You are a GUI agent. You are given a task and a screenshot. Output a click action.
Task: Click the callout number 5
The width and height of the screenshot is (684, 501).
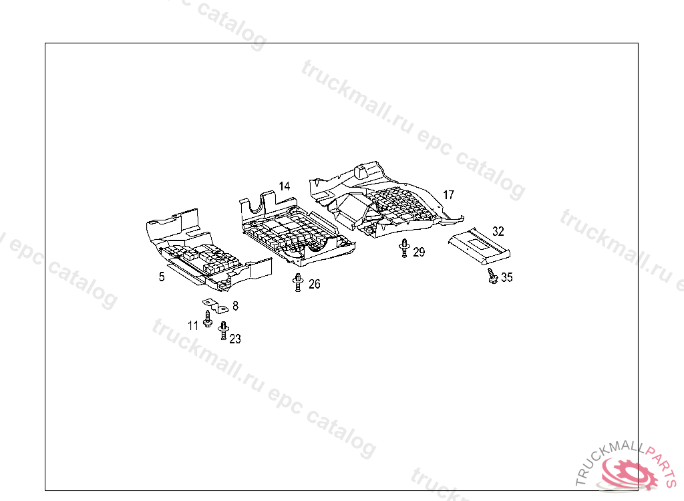pos(162,277)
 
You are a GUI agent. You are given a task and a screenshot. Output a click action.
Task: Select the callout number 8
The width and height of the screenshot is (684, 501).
pos(235,306)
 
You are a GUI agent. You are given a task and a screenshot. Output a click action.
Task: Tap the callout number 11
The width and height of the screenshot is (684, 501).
pos(193,325)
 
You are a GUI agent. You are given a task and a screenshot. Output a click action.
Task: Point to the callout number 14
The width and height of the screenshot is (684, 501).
pos(285,186)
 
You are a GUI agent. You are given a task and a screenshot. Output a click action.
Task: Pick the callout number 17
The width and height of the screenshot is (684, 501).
pos(448,195)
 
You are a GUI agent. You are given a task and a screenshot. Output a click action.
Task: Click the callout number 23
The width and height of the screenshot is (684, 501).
pos(235,339)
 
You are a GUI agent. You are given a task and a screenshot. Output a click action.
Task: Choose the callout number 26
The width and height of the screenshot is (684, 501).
pos(314,285)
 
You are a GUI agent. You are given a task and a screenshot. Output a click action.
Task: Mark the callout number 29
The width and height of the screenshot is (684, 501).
pos(419,252)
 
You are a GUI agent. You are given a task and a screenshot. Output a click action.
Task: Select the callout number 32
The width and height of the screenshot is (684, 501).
pos(498,231)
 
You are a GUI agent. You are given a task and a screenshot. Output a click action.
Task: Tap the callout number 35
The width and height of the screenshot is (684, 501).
pos(507,278)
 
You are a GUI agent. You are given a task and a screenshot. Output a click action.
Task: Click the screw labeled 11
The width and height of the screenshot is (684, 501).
pos(208,318)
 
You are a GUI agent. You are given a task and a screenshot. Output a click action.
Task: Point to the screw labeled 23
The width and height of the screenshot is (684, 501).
pos(224,330)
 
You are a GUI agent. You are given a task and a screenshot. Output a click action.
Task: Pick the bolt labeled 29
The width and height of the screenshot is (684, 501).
pos(404,248)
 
